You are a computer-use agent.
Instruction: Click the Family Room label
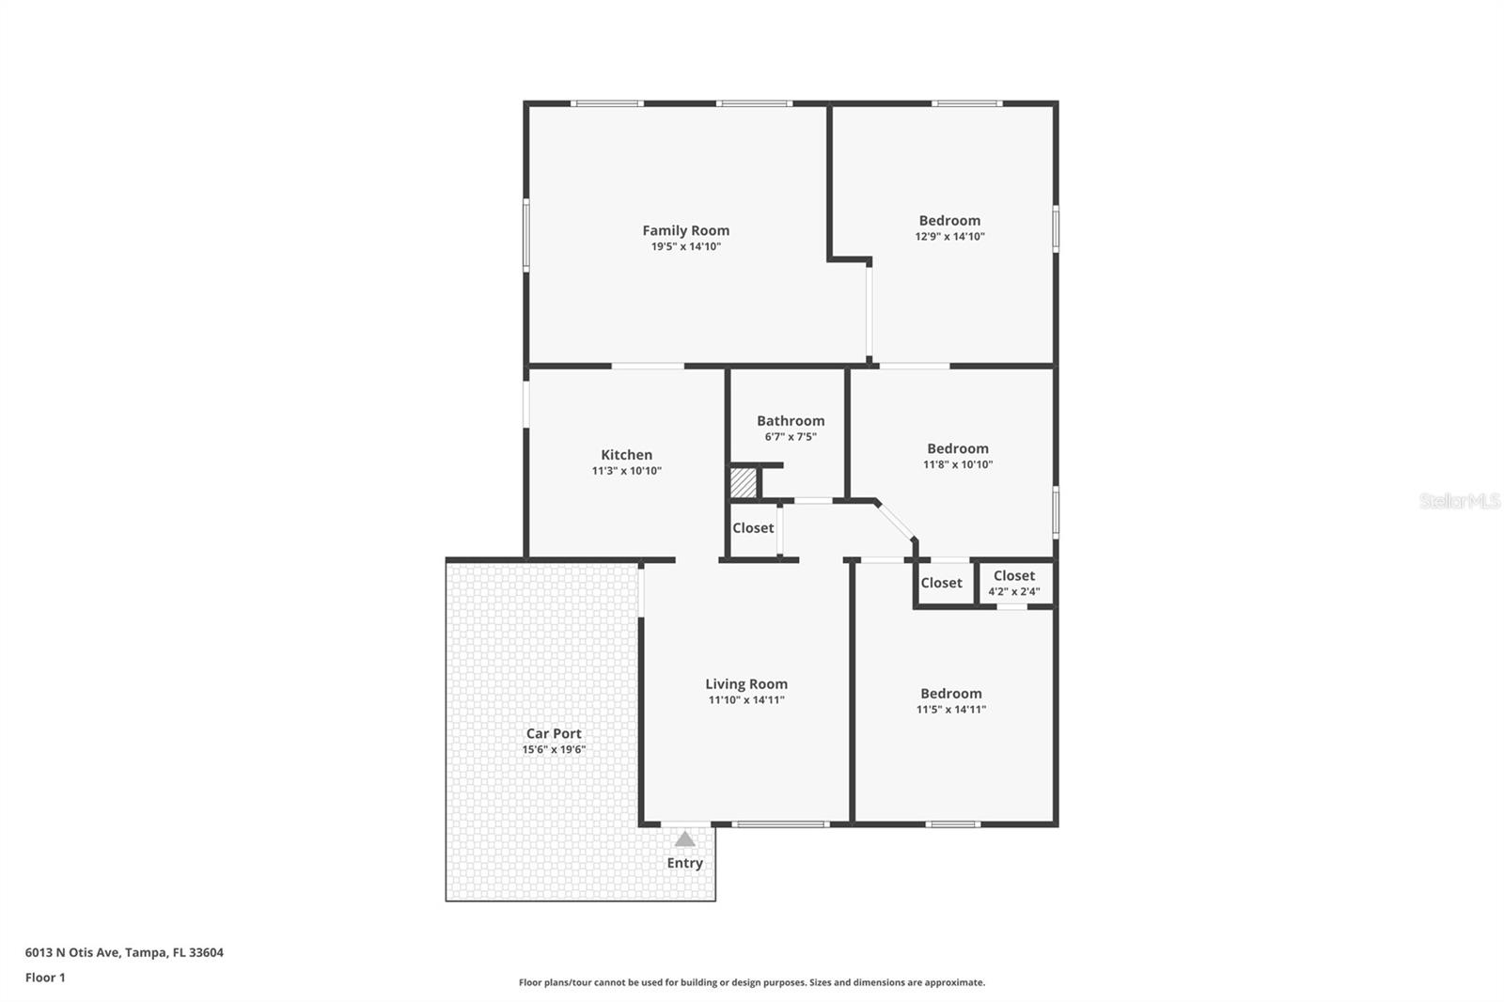685,230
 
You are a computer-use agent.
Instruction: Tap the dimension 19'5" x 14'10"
685,247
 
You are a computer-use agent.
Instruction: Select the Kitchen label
626,455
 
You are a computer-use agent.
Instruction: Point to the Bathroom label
791,421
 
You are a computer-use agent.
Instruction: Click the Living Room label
746,684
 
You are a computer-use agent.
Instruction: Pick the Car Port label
554,734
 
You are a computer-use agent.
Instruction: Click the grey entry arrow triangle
685,839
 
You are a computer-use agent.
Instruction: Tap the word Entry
685,863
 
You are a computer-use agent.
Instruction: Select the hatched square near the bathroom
744,483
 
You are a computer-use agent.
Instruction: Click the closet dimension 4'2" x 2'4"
1013,592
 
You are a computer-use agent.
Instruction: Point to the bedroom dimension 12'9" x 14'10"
949,237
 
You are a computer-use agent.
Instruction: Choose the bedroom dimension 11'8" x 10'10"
957,464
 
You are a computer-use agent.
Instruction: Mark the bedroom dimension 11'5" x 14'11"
950,710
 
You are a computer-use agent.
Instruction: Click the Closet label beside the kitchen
753,528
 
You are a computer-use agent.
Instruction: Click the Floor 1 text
45,978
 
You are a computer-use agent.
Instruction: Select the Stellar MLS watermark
1459,502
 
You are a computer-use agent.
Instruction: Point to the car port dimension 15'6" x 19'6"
554,750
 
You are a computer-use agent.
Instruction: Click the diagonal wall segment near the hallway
895,522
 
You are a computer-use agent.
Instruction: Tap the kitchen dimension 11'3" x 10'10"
626,471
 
